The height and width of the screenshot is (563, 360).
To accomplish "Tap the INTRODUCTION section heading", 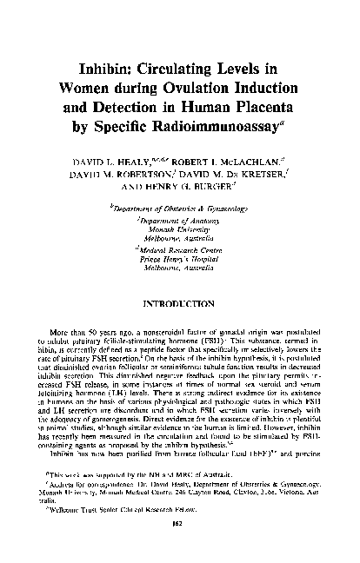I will pos(181,303).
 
